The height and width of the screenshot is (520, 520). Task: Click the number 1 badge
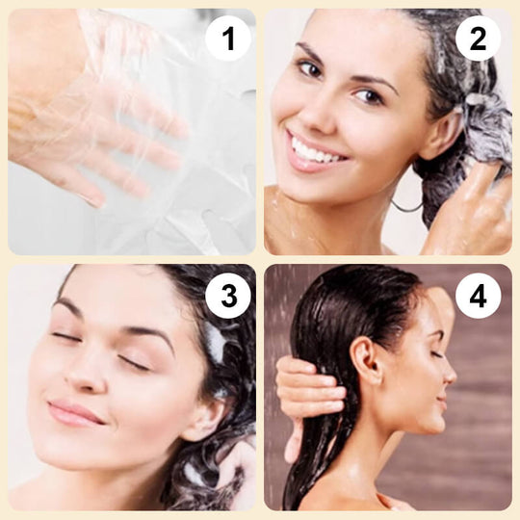228,39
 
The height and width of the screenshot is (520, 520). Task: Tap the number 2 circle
478,39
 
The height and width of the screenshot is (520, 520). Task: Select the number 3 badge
228,296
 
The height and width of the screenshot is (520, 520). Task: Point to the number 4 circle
478,296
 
